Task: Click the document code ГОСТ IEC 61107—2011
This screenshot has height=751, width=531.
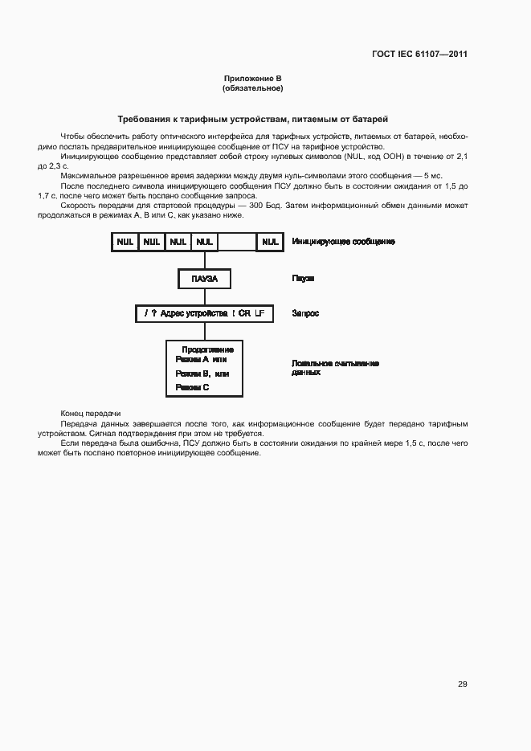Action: [419, 55]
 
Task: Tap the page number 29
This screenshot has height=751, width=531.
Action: [462, 684]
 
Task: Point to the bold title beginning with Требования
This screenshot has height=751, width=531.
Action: [252, 118]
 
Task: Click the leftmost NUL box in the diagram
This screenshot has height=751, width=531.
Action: [125, 242]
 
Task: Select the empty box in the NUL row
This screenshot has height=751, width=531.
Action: [236, 242]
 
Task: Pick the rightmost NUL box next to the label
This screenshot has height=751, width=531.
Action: [270, 242]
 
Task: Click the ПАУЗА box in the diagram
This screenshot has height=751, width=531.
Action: [204, 279]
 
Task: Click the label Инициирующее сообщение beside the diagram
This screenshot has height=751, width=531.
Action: [343, 242]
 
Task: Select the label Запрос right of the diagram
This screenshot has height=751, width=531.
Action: [305, 313]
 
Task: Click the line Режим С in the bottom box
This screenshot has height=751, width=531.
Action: [192, 387]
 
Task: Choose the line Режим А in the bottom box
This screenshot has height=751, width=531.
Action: [201, 361]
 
